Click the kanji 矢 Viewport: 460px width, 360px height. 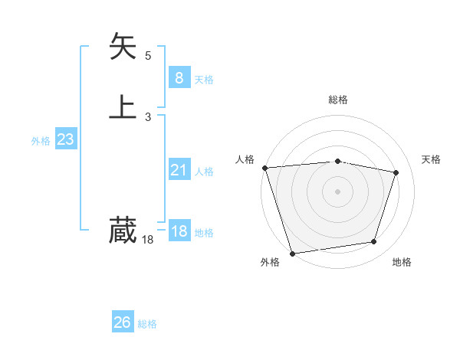click(123, 47)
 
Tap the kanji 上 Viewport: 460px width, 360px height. click(123, 106)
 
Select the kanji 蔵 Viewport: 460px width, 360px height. click(123, 230)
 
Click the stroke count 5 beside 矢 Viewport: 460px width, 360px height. click(148, 56)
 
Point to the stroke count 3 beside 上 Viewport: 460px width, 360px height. click(148, 116)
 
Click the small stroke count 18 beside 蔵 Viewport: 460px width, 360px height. click(147, 241)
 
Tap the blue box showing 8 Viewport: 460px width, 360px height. click(179, 77)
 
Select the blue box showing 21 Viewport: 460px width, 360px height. click(179, 170)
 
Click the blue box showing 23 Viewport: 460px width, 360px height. click(65, 139)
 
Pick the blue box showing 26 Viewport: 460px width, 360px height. click(123, 322)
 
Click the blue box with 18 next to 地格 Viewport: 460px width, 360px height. click(179, 231)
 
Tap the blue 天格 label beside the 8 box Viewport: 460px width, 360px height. click(204, 79)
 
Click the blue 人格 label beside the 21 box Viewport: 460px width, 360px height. click(204, 172)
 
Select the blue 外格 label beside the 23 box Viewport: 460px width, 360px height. click(41, 141)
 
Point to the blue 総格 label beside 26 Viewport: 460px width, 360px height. click(147, 324)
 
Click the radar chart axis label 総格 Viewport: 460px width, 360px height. click(338, 100)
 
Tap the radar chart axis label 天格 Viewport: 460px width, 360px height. click(432, 159)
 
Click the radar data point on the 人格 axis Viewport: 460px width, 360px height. click(264, 168)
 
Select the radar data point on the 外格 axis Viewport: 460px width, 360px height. click(292, 252)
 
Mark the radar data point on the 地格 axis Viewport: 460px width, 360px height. click(374, 242)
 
